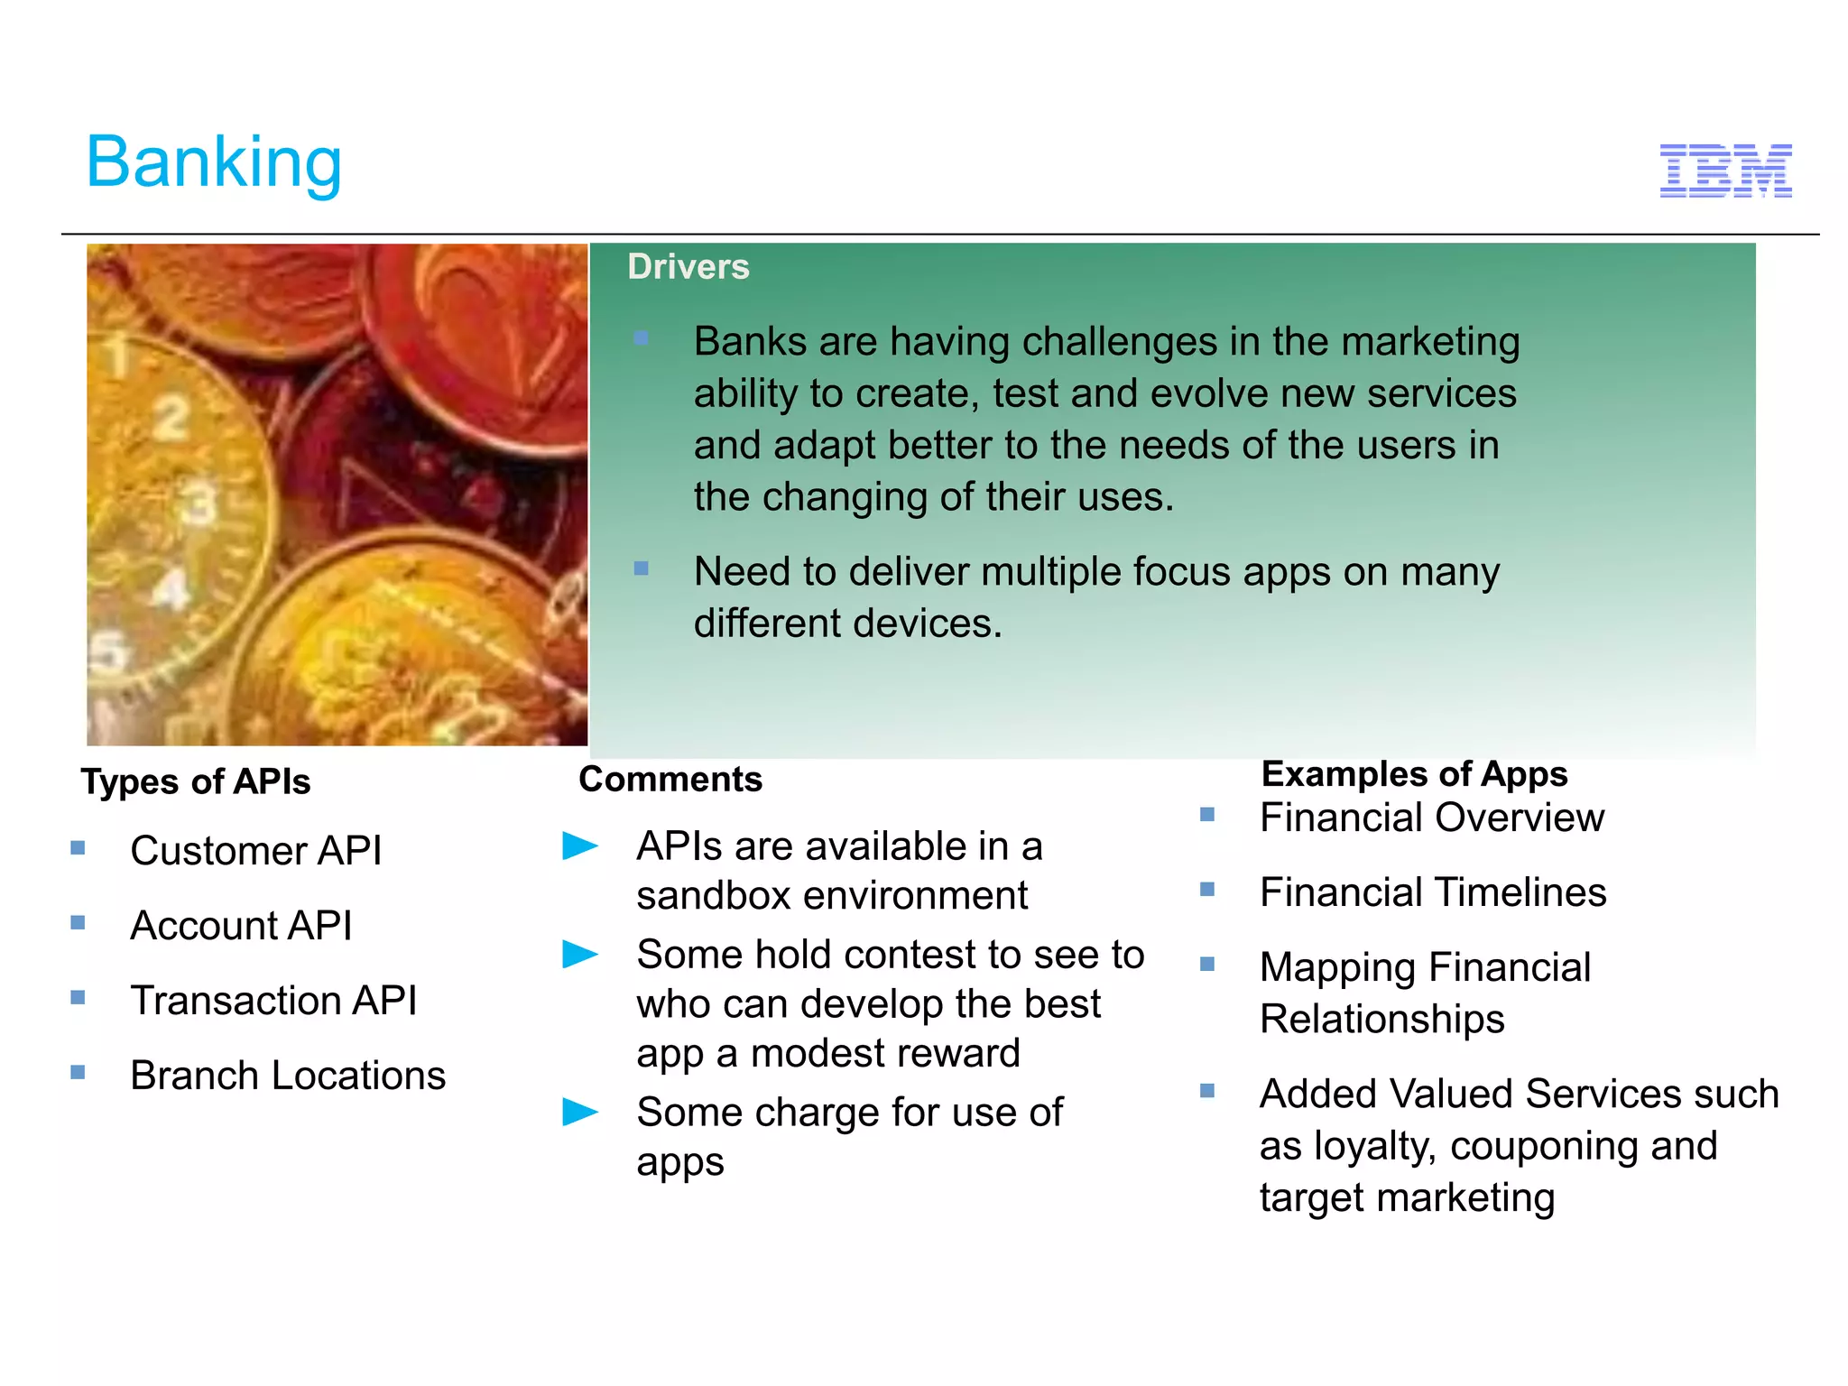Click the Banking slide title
pyautogui.click(x=214, y=162)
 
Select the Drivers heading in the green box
pyautogui.click(x=688, y=267)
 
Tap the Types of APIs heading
pyautogui.click(x=196, y=781)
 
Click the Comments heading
pyautogui.click(x=670, y=780)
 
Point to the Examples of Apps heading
pyautogui.click(x=1414, y=774)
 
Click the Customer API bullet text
pyautogui.click(x=256, y=851)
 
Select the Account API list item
pyautogui.click(x=241, y=926)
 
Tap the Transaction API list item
pyautogui.click(x=273, y=1001)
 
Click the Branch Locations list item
pyautogui.click(x=288, y=1076)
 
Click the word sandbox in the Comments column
pyautogui.click(x=714, y=896)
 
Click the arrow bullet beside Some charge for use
pyautogui.click(x=579, y=1112)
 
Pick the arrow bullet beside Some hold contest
pyautogui.click(x=579, y=954)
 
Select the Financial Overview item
pyautogui.click(x=1431, y=818)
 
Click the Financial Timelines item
pyautogui.click(x=1433, y=893)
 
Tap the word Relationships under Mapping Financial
pyautogui.click(x=1381, y=1020)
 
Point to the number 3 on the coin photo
pyautogui.click(x=200, y=504)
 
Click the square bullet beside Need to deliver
pyautogui.click(x=642, y=568)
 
